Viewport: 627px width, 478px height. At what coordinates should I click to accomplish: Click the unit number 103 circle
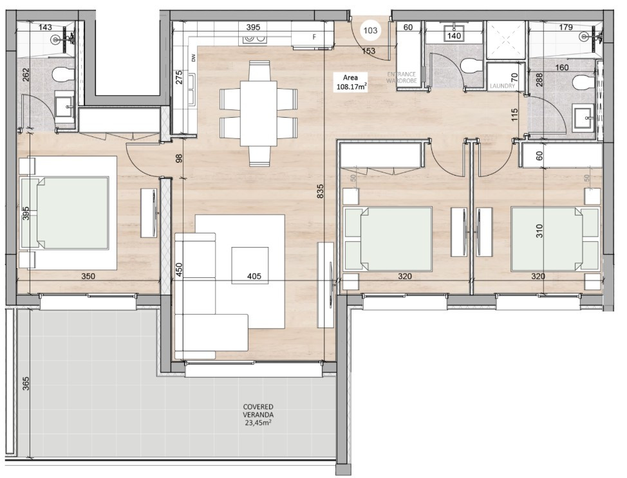370,29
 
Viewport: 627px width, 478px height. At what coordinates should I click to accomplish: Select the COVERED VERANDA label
258,415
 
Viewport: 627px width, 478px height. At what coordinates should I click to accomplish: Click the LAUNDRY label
501,86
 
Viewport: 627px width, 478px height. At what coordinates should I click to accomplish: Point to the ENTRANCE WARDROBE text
402,78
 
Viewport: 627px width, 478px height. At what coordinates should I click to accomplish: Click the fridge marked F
314,37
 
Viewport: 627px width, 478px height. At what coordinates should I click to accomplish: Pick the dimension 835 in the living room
320,191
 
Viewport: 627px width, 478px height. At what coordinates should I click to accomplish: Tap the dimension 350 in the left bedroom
88,277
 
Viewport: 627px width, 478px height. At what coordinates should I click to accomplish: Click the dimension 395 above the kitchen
253,27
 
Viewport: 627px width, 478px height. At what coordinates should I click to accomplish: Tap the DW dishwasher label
193,58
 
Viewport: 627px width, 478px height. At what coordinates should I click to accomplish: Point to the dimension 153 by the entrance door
368,51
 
